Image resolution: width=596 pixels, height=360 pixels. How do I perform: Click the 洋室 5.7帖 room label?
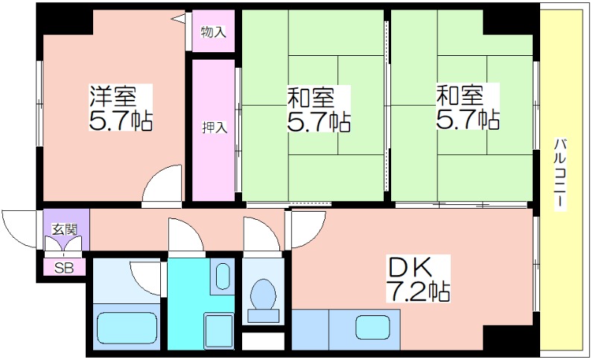click(x=121, y=107)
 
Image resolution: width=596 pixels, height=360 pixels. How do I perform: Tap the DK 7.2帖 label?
click(x=418, y=279)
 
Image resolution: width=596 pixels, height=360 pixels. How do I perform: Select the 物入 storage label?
click(x=213, y=32)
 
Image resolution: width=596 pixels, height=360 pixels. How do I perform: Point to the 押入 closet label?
click(x=214, y=127)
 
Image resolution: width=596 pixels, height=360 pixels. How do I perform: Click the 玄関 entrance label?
click(x=65, y=230)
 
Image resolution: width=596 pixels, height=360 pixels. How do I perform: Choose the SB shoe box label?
click(x=64, y=268)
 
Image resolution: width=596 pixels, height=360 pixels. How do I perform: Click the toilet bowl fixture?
click(x=263, y=294)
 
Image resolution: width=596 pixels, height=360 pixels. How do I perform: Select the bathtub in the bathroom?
click(x=127, y=326)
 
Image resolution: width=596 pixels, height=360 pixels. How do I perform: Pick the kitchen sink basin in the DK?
click(x=373, y=328)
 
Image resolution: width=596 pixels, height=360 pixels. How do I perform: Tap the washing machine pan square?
click(x=218, y=331)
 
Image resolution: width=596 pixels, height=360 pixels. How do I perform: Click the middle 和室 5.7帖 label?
click(x=319, y=108)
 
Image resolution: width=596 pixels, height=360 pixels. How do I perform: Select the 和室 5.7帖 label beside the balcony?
click(x=468, y=107)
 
